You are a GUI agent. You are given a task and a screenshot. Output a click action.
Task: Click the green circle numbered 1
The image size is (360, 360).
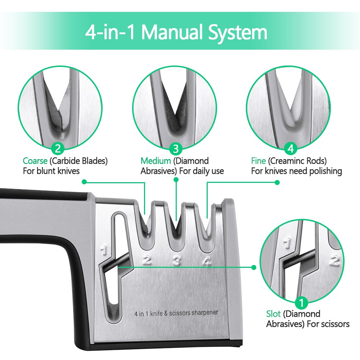pyautogui.click(x=301, y=302)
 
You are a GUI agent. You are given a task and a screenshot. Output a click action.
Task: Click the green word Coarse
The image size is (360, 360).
pyautogui.click(x=35, y=161)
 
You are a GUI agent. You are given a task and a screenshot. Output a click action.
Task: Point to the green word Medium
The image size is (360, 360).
pyautogui.click(x=156, y=161)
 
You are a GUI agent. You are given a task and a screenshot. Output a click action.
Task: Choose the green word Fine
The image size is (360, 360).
pyautogui.click(x=258, y=161)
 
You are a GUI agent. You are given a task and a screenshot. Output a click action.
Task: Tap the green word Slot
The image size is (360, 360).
pyautogui.click(x=273, y=314)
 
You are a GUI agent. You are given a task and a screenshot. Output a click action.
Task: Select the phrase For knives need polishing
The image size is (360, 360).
pyautogui.click(x=296, y=171)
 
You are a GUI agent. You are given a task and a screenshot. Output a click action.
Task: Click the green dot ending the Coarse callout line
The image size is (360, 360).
pyautogui.click(x=84, y=182)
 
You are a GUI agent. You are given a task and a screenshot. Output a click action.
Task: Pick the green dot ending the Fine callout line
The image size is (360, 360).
pyautogui.click(x=277, y=182)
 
